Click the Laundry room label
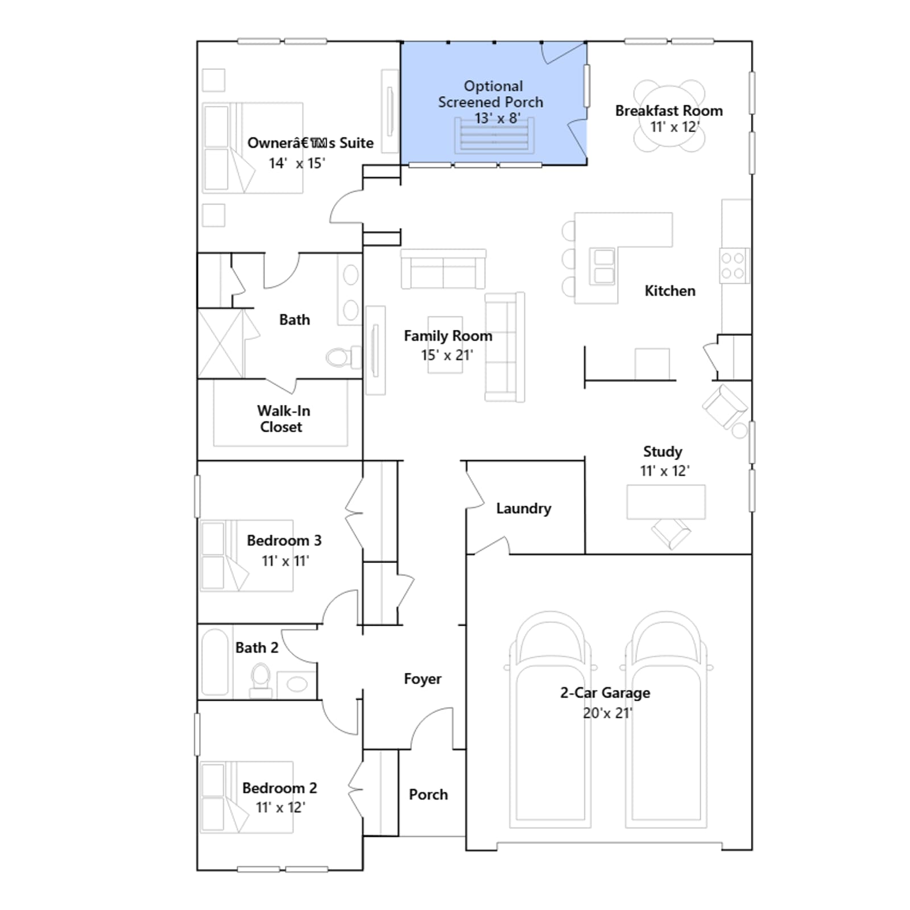[523, 508]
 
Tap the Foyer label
[423, 679]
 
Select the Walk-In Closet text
[283, 419]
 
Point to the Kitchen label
[669, 291]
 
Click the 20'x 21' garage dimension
[607, 713]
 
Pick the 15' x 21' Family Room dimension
[447, 355]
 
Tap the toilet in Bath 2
[260, 680]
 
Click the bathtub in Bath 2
[215, 661]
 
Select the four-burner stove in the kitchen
[734, 266]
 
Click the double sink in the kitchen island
[604, 266]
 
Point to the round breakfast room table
[669, 116]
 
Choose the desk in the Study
[666, 502]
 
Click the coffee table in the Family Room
[445, 345]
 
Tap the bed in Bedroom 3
[247, 556]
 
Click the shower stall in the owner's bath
[221, 344]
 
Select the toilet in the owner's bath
[344, 357]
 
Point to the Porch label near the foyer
[428, 795]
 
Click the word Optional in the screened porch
[493, 86]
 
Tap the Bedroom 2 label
[279, 788]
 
